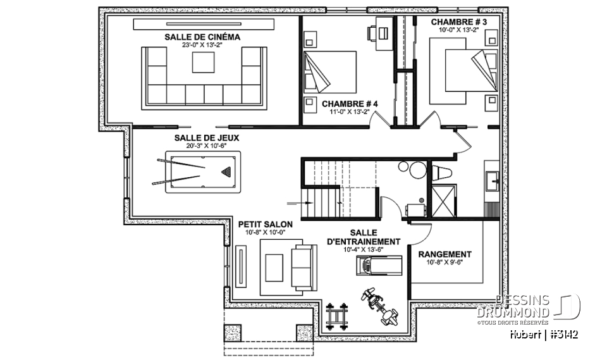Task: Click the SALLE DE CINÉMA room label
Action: [x=202, y=37]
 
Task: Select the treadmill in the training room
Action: [x=377, y=265]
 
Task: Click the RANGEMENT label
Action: [x=445, y=254]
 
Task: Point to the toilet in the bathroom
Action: [x=440, y=172]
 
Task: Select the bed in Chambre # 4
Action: [x=331, y=72]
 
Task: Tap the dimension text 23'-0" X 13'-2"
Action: [x=202, y=46]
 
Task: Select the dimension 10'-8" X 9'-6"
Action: [x=445, y=263]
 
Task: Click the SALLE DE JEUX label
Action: [x=198, y=137]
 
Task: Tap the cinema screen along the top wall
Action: [x=204, y=24]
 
